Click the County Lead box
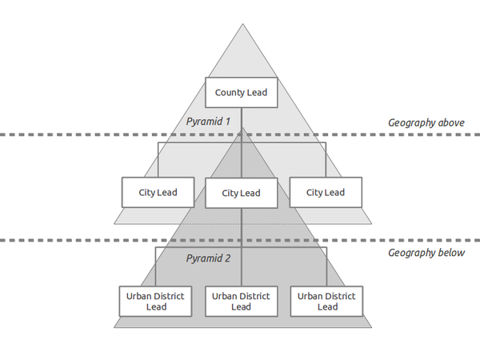[x=241, y=93]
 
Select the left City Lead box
[x=158, y=193]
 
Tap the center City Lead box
[x=241, y=194]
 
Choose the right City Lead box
[x=326, y=193]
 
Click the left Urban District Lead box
[x=155, y=301]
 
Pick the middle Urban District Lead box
[x=241, y=301]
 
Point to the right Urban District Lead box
[x=326, y=301]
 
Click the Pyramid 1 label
[x=208, y=122]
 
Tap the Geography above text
[x=426, y=122]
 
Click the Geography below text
[x=426, y=253]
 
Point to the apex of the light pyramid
[x=242, y=24]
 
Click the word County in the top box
[x=230, y=93]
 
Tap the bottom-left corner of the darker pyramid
[x=114, y=327]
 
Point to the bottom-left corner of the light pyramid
[x=114, y=223]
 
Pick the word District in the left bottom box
[x=170, y=296]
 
